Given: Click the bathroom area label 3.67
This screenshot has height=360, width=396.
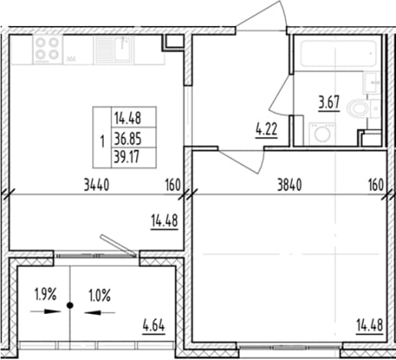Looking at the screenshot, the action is (329, 102).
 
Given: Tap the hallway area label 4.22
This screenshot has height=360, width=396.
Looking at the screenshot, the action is (266, 129).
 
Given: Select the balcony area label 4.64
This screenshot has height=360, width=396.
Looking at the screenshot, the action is (154, 326).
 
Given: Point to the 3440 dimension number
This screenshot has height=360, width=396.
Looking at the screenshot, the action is (97, 185).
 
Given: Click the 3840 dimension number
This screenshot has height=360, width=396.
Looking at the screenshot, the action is (290, 185).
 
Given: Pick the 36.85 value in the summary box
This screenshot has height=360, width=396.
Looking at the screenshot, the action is (128, 139).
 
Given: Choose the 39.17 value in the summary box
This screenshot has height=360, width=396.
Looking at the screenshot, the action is (127, 157).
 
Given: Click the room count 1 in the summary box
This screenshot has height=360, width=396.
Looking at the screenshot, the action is (102, 142).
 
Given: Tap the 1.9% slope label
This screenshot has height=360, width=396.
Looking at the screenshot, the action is (45, 295).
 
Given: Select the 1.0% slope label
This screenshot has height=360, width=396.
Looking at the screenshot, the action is (100, 295).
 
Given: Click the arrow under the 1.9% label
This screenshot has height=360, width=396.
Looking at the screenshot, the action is (45, 312).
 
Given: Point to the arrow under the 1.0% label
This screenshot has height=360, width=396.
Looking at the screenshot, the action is (100, 312).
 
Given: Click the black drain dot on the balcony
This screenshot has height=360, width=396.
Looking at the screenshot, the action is (70, 305).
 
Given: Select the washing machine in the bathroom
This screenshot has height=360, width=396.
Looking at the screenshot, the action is (322, 134).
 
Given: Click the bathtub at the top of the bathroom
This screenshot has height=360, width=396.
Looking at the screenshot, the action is (338, 53).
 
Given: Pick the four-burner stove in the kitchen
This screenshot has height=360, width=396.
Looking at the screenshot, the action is (48, 49).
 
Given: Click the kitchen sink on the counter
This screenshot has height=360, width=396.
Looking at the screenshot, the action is (114, 49).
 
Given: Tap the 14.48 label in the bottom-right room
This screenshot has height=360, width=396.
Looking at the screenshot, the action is (370, 325).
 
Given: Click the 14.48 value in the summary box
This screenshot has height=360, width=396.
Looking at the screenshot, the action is (128, 118).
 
